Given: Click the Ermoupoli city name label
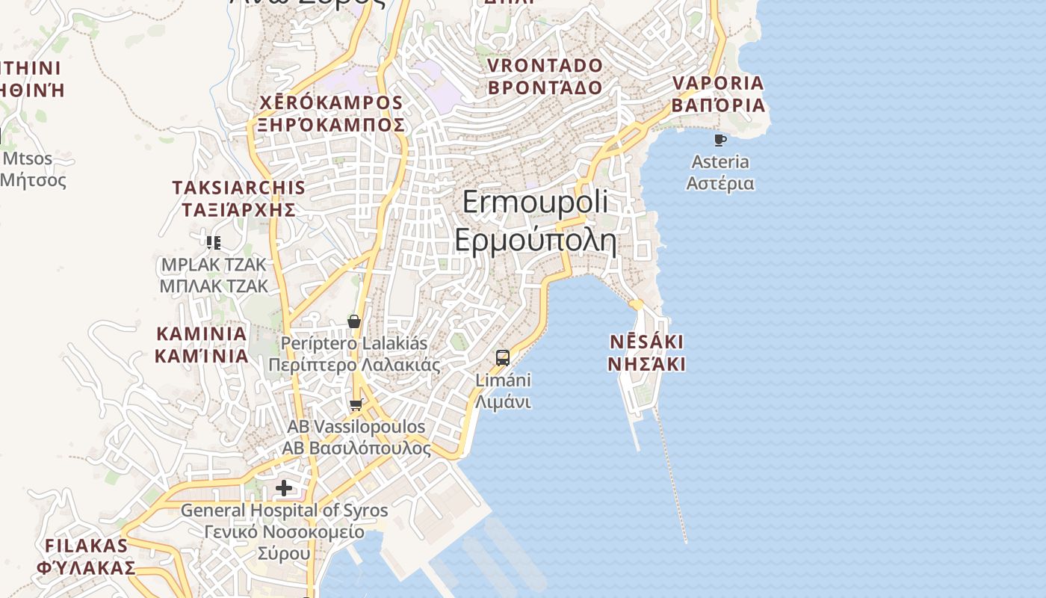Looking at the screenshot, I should pyautogui.click(x=535, y=203).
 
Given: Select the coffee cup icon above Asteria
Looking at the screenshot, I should pyautogui.click(x=720, y=140).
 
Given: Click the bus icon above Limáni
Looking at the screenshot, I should pyautogui.click(x=503, y=357).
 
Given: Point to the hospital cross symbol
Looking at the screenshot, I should pyautogui.click(x=284, y=488).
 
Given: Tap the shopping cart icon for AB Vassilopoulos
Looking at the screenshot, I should pyautogui.click(x=356, y=404).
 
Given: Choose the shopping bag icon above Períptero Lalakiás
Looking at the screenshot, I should pyautogui.click(x=354, y=321).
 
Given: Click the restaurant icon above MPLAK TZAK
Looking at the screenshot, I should pyautogui.click(x=214, y=242).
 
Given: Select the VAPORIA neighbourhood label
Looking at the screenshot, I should pyautogui.click(x=718, y=83).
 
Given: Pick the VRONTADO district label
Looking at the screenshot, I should pyautogui.click(x=545, y=66).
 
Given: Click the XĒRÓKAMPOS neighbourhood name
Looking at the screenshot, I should pyautogui.click(x=331, y=102).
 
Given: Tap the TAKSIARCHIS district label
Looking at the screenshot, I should pyautogui.click(x=238, y=188).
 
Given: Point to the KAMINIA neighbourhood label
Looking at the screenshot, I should pyautogui.click(x=201, y=333).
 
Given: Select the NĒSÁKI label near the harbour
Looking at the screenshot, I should pyautogui.click(x=646, y=342).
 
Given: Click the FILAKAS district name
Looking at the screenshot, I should pyautogui.click(x=87, y=545).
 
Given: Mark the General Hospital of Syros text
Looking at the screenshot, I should pyautogui.click(x=284, y=511).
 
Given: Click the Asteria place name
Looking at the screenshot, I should pyautogui.click(x=720, y=162).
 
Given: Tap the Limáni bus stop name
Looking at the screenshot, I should pyautogui.click(x=504, y=380).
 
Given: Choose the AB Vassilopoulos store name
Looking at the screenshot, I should pyautogui.click(x=356, y=427).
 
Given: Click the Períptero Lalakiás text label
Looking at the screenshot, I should pyautogui.click(x=354, y=344).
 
